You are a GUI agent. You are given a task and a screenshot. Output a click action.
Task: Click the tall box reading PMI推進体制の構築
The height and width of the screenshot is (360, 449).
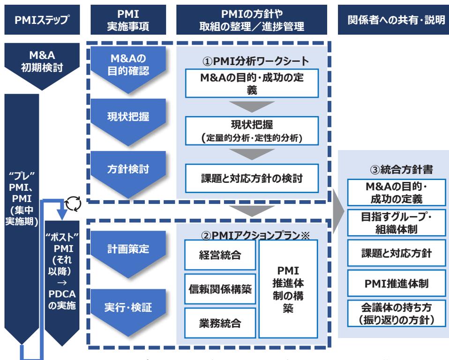point(288,289)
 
